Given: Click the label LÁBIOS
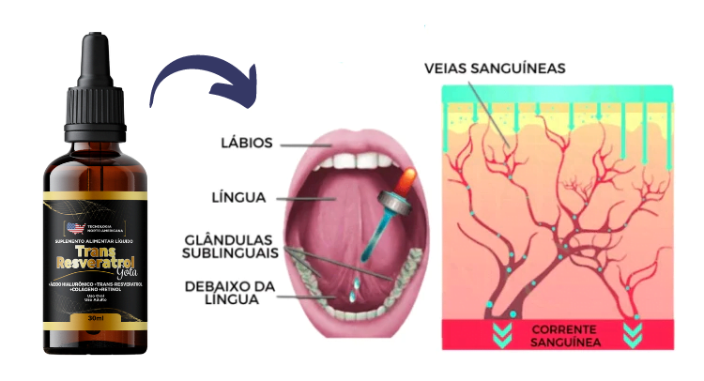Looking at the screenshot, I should [245, 144].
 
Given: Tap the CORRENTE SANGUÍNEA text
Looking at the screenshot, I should [559, 336].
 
